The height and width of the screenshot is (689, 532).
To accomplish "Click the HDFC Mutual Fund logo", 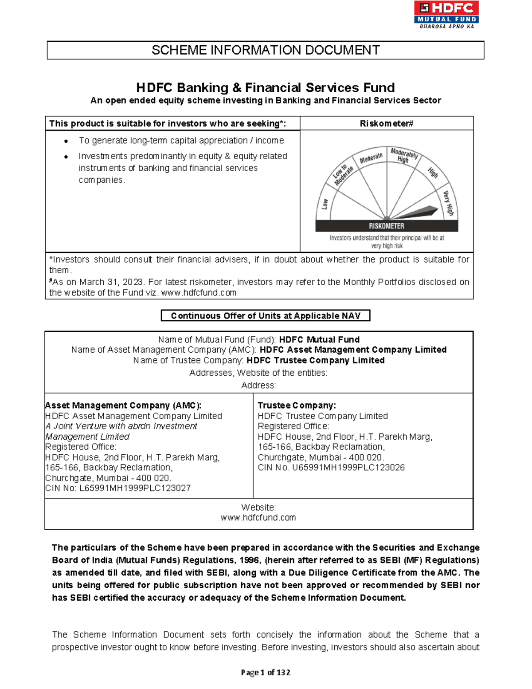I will tap(446, 14).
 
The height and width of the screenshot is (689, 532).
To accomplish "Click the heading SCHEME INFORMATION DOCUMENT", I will tap(265, 50).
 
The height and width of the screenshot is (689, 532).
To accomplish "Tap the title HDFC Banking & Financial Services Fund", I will tap(265, 87).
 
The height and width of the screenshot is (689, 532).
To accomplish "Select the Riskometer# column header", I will tap(386, 123).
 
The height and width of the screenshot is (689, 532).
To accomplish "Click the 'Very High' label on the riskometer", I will tap(449, 203).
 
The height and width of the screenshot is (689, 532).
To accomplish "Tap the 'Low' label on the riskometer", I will tap(325, 204).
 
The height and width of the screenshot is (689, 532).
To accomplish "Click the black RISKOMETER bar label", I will tap(386, 226).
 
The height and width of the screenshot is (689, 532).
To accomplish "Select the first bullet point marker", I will tap(66, 141).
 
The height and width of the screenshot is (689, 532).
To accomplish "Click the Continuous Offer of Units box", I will tap(265, 316).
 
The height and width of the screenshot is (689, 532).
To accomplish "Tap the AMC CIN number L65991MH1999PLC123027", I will tap(135, 488).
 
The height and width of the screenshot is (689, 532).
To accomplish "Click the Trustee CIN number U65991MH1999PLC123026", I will tap(348, 468).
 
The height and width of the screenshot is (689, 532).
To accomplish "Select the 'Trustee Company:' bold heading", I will tap(297, 406).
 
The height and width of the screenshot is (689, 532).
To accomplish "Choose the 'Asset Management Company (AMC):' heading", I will tap(123, 406).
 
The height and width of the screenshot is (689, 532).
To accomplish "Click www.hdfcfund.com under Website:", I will tap(258, 518).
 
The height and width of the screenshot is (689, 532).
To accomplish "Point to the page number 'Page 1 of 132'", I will tap(265, 673).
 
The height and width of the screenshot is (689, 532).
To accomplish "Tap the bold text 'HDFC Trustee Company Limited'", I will tap(315, 360).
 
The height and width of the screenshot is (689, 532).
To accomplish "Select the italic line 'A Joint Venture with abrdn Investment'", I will tap(121, 426).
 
